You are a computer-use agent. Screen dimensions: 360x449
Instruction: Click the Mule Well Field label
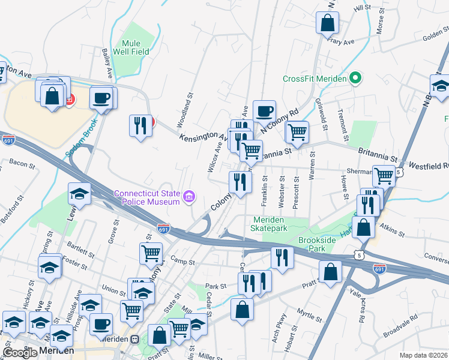pyautogui.click(x=130, y=48)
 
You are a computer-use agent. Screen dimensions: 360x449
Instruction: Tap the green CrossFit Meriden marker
pyautogui.click(x=355, y=79)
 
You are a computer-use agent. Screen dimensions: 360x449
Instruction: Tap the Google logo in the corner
pyautogui.click(x=20, y=353)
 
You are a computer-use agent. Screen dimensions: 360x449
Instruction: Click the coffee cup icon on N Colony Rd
pyautogui.click(x=264, y=111)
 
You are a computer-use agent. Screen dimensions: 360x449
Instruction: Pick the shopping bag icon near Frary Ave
pyautogui.click(x=328, y=23)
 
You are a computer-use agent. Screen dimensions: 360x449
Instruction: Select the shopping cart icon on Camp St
pyautogui.click(x=151, y=253)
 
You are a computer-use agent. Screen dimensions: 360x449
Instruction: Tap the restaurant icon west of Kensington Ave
pyautogui.click(x=140, y=126)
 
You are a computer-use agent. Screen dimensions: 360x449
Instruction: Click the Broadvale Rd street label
pyautogui.click(x=402, y=325)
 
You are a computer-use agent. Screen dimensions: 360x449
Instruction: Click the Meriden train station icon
pyautogui.click(x=135, y=338)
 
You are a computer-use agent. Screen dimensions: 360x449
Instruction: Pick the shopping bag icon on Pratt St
pyautogui.click(x=331, y=271)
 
